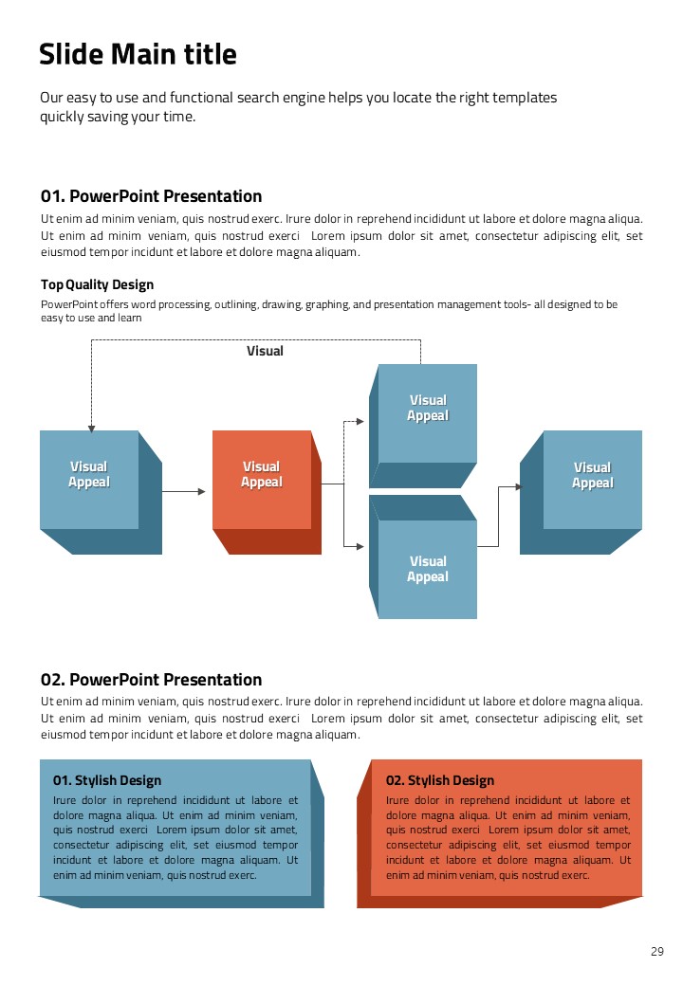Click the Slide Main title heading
(x=138, y=55)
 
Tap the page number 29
(x=657, y=952)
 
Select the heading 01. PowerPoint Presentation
(x=151, y=196)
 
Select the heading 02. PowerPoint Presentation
(x=151, y=680)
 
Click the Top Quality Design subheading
(x=97, y=284)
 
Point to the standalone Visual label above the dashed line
(x=265, y=351)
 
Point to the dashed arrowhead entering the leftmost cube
(x=91, y=428)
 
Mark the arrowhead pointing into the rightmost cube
(x=518, y=487)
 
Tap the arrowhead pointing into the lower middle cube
(x=360, y=546)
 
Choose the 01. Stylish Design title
(x=107, y=780)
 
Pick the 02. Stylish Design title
(x=440, y=780)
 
